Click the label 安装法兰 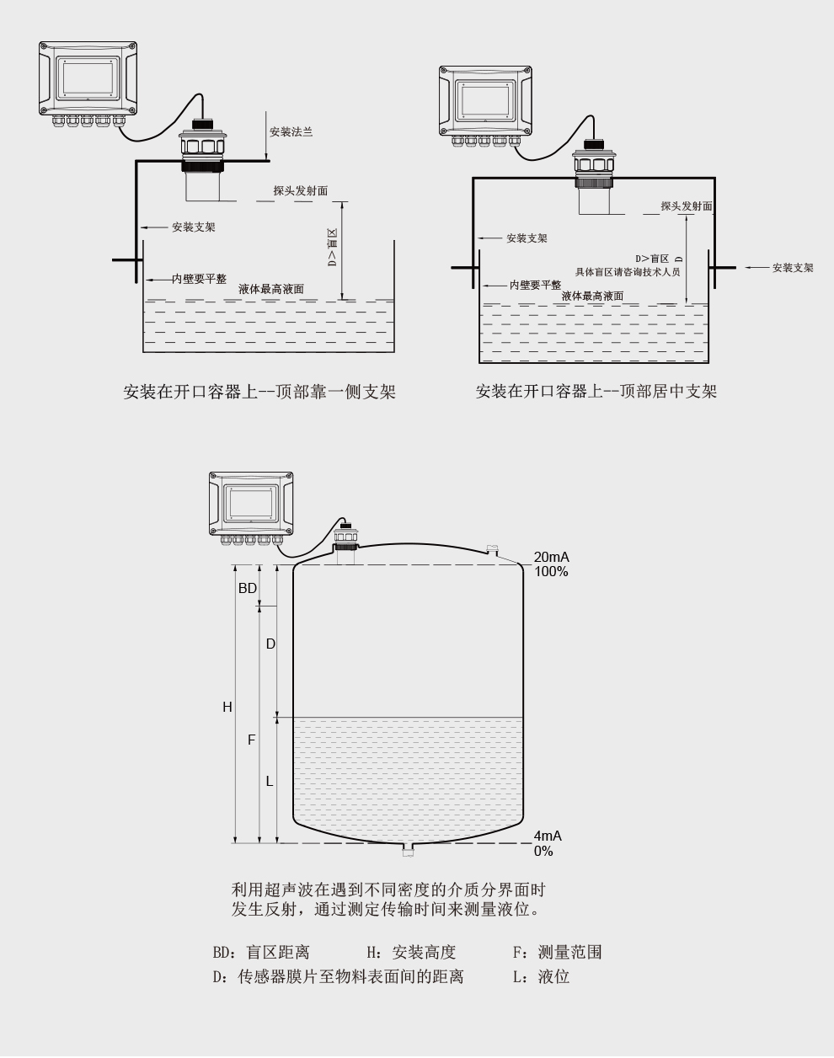291,132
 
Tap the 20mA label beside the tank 551,557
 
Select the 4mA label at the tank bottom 548,836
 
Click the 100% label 551,572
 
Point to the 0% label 543,851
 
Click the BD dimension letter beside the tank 248,588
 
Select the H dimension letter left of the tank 227,707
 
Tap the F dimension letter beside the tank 251,740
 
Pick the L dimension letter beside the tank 270,781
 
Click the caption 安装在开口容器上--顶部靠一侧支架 259,392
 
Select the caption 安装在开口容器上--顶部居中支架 596,392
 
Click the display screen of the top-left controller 88,77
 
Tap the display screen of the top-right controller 486,101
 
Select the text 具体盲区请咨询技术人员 628,272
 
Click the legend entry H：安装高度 411,952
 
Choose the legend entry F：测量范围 557,952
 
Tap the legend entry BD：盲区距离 261,952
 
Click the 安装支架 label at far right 793,268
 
